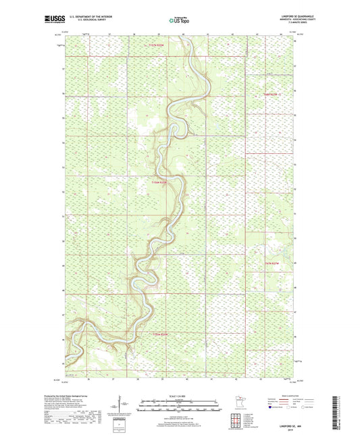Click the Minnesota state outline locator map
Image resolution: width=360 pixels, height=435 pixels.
[x=239, y=407]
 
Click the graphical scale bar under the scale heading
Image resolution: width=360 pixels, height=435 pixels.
[x=180, y=406]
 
